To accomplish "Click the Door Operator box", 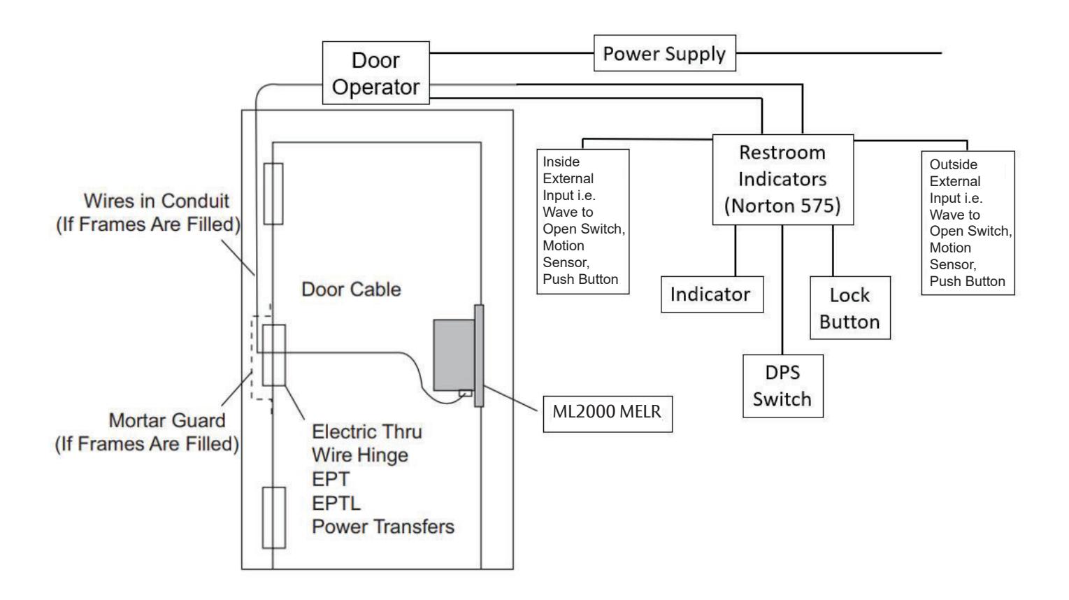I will click(375, 73).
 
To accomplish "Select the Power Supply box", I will click(664, 54).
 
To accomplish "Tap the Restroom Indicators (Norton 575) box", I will click(782, 179).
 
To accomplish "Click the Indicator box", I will click(711, 294).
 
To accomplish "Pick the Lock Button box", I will click(849, 308).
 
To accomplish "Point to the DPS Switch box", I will click(782, 386).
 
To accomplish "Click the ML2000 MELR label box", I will click(607, 413).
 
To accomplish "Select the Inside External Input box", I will click(582, 220).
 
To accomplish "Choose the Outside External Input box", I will click(968, 222).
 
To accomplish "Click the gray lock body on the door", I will click(454, 355).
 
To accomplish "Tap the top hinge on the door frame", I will click(273, 194).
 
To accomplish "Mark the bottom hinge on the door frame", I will click(274, 517).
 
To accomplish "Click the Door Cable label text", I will click(351, 290).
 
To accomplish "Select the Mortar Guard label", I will click(147, 431).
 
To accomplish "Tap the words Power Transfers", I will click(383, 527).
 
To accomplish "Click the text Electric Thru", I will click(367, 431).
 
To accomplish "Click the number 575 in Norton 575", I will click(816, 206).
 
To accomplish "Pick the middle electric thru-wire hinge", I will click(273, 355).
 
